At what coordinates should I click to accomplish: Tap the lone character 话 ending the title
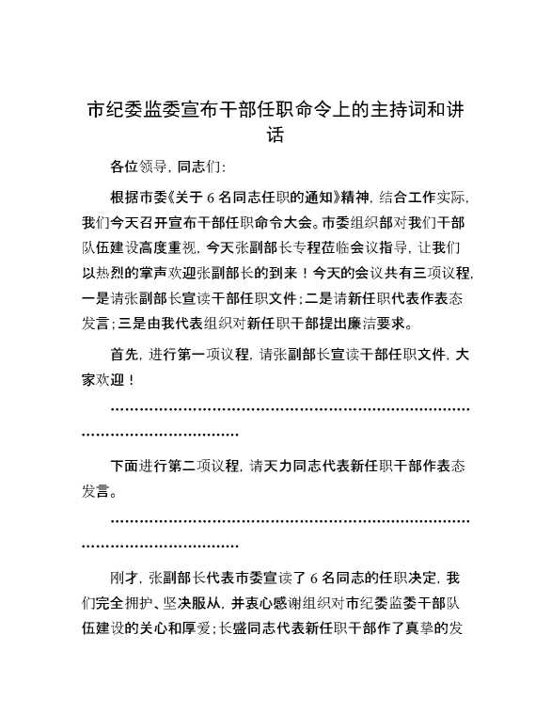click(275, 137)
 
